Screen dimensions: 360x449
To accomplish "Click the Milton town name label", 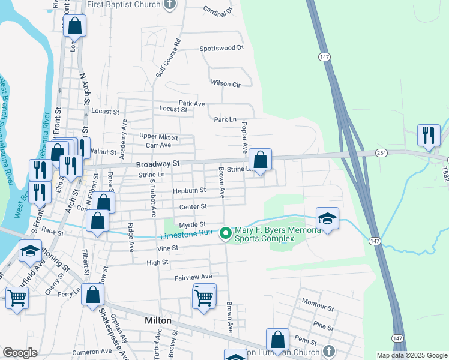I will [x=158, y=320].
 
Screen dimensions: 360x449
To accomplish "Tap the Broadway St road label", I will [x=158, y=163].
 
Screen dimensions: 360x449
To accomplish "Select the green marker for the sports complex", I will [x=226, y=233].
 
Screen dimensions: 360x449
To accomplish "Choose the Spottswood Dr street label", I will [x=221, y=48].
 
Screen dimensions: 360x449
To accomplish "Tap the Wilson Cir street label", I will [x=225, y=83].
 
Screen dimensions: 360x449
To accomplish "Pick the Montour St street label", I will [x=318, y=308].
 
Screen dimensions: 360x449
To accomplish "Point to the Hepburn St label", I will [x=190, y=190].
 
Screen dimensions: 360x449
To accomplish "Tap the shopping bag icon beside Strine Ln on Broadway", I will [x=261, y=160].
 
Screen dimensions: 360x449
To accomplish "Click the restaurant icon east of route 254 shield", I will [x=429, y=135].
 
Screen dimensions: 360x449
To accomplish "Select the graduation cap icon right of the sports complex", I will [x=328, y=218].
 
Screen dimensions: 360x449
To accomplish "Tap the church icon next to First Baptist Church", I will [x=170, y=5].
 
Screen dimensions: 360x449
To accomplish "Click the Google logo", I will [x=20, y=353].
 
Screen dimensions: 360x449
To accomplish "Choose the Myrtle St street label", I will [x=193, y=224].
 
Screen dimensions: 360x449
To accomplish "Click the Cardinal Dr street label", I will [x=217, y=11].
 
